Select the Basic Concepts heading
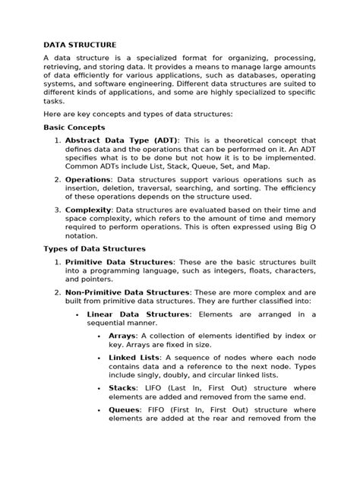[74, 128]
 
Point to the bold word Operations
[87, 180]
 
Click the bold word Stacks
[124, 387]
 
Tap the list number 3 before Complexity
[57, 209]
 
